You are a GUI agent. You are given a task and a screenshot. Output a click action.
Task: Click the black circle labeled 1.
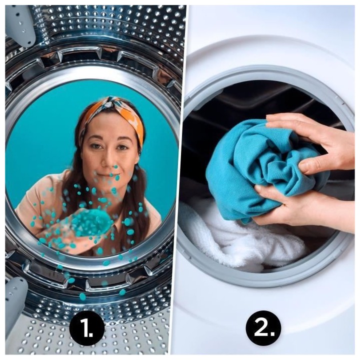pos(86,327)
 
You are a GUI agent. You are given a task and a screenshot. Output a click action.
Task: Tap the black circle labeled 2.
pos(263,327)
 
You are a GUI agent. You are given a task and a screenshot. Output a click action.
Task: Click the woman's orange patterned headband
pos(131,115)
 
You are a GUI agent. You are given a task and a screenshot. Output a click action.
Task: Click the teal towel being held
pos(250,165)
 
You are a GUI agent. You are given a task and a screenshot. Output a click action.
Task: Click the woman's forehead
pos(107,127)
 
